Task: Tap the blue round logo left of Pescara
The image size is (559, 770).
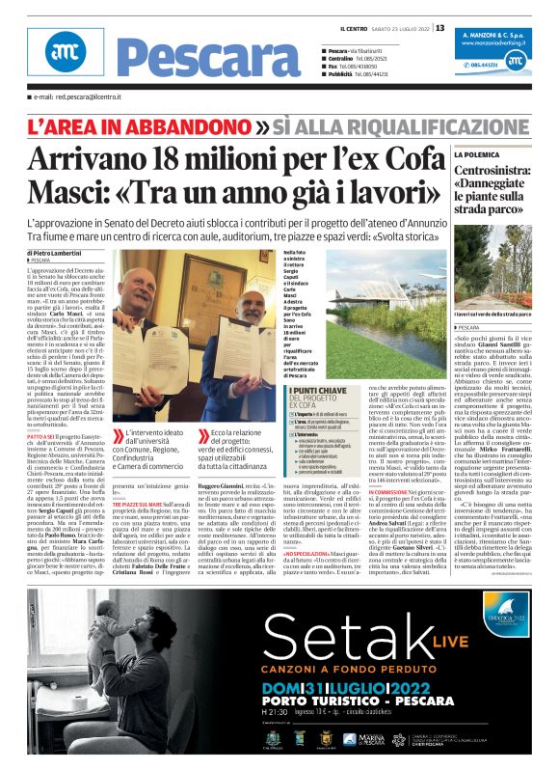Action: pyautogui.click(x=64, y=59)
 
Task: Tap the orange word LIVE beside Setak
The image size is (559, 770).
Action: pyautogui.click(x=417, y=643)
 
